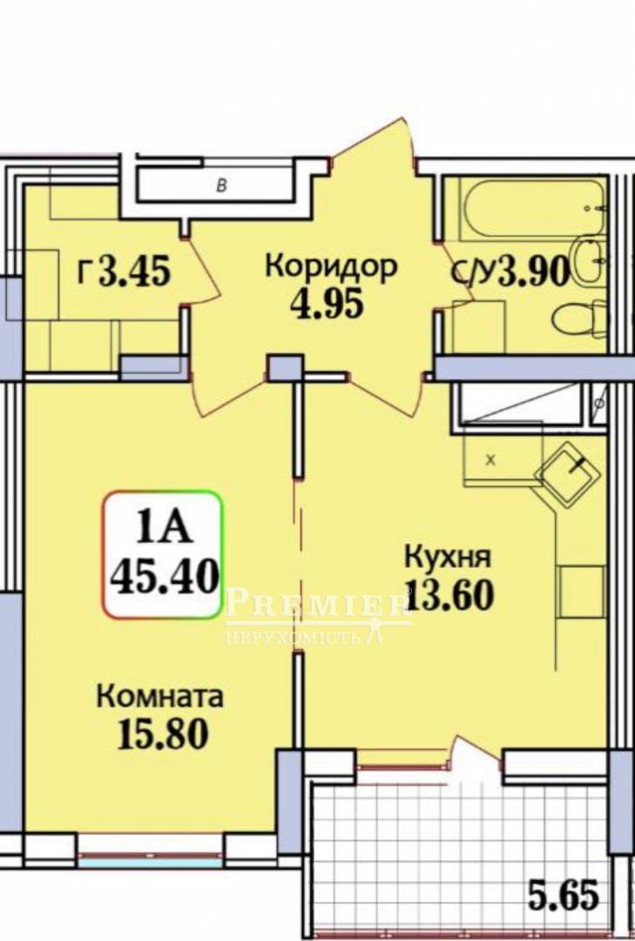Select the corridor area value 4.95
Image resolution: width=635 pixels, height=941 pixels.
(328, 304)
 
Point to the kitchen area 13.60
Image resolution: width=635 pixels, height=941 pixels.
(450, 595)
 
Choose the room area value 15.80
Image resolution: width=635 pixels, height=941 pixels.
(163, 734)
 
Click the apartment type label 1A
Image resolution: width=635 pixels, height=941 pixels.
(163, 527)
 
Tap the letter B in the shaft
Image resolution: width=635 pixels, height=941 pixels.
(221, 186)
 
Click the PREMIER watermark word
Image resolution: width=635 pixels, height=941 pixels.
(318, 605)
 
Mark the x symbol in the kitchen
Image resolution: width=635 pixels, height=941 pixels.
(491, 460)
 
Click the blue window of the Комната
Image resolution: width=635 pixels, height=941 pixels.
(150, 863)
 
